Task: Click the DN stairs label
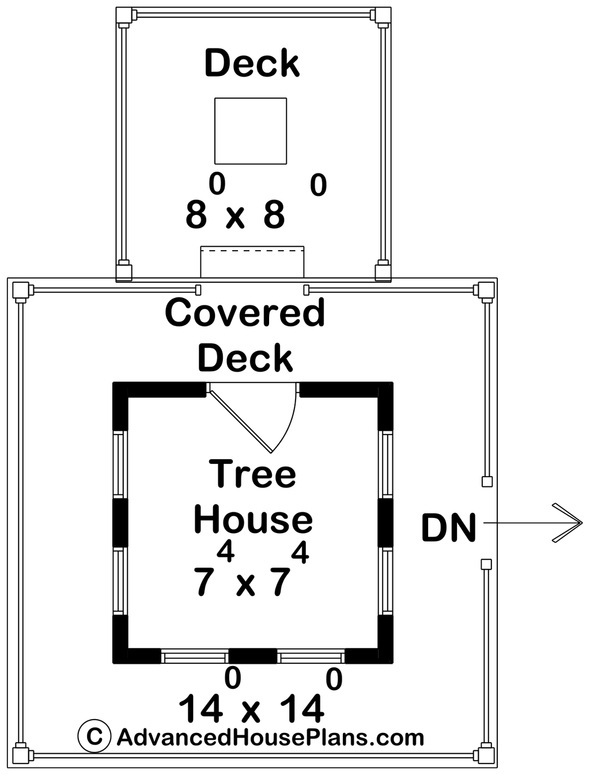click(x=448, y=527)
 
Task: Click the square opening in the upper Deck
click(x=251, y=131)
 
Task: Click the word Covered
click(x=245, y=312)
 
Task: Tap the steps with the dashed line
click(x=252, y=262)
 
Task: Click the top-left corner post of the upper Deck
click(x=124, y=15)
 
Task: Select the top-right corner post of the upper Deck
click(x=383, y=15)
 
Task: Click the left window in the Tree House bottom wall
click(x=195, y=657)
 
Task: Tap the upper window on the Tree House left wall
click(x=120, y=464)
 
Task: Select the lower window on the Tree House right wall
click(x=385, y=581)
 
